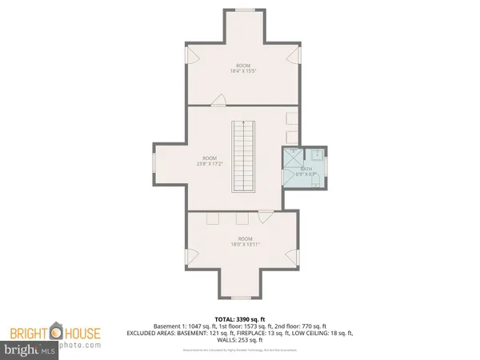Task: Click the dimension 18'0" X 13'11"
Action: (245, 244)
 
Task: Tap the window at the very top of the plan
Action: (245, 10)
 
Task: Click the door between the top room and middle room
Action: (218, 100)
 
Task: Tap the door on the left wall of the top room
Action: (190, 54)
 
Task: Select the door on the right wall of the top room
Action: (298, 54)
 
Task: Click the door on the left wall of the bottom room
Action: (190, 258)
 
